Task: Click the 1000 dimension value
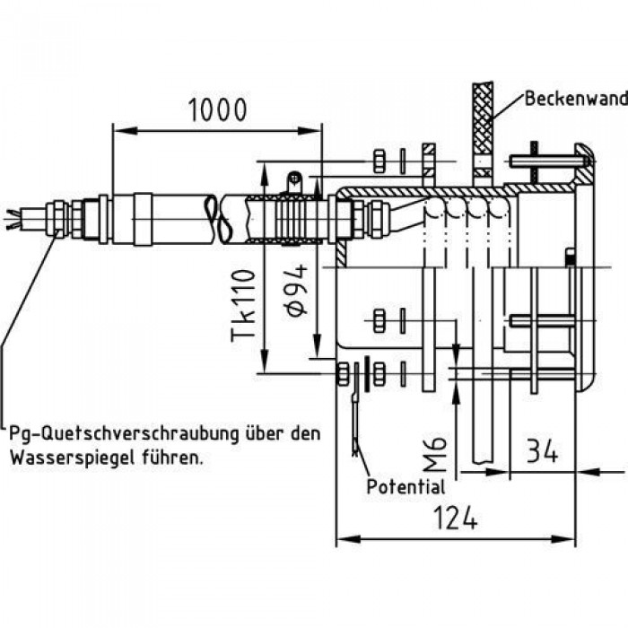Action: click(x=217, y=109)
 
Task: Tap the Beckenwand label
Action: click(x=576, y=98)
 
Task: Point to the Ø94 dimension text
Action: click(x=297, y=290)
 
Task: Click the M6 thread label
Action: click(x=434, y=454)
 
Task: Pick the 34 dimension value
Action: click(x=542, y=451)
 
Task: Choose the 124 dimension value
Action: click(x=456, y=519)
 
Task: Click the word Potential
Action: click(x=406, y=486)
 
